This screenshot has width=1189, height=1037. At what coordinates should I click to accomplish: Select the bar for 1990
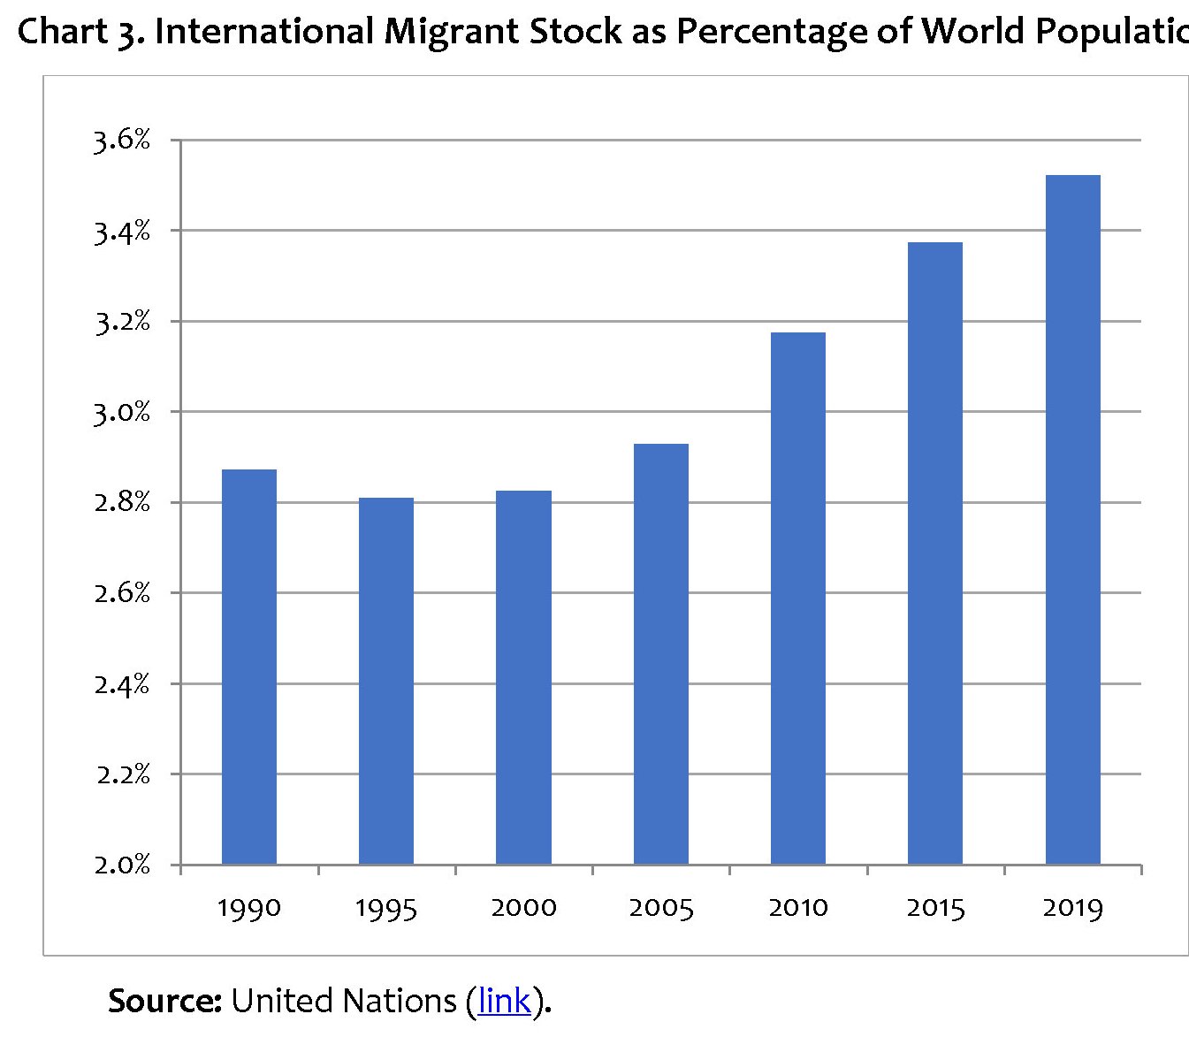click(x=248, y=667)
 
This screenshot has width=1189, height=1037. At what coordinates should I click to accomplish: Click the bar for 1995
click(x=385, y=681)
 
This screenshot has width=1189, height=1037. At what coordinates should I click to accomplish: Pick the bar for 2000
click(x=523, y=677)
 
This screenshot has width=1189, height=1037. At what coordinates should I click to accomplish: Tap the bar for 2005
click(x=660, y=654)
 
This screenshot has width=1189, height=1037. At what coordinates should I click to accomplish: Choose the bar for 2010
click(x=797, y=599)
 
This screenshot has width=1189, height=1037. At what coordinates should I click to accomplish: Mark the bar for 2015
click(x=934, y=553)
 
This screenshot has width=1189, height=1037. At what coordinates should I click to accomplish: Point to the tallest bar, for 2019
click(x=1072, y=520)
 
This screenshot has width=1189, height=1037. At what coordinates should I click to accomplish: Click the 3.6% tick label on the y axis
click(x=122, y=140)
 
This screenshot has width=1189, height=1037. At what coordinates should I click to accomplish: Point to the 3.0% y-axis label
click(x=122, y=412)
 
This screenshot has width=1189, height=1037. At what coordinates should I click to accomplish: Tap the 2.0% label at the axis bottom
click(x=122, y=865)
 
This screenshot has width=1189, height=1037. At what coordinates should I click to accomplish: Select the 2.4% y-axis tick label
click(x=122, y=684)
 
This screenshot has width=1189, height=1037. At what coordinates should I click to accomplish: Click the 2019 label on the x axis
click(x=1072, y=908)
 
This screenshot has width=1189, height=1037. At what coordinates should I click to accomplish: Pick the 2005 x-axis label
click(x=660, y=908)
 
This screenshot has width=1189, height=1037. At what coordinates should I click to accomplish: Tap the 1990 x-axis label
click(x=248, y=908)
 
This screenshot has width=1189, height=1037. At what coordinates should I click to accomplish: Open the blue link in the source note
click(x=504, y=1001)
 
